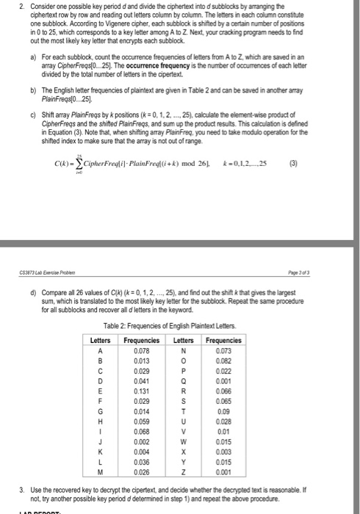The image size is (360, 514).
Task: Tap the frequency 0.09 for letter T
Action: [x=229, y=419]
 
